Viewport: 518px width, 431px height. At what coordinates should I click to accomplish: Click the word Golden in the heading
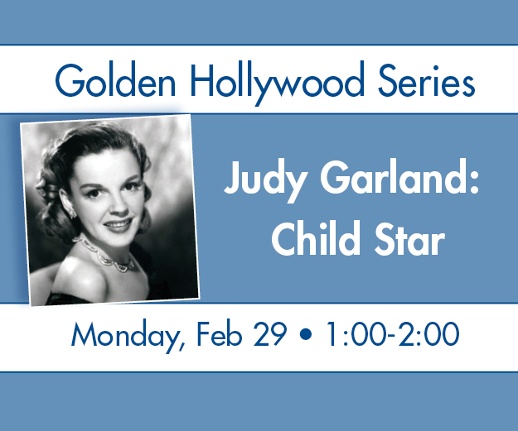pos(115,80)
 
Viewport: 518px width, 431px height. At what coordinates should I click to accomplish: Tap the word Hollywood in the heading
pos(278,83)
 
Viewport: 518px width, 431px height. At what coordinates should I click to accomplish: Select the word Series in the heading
pos(426,80)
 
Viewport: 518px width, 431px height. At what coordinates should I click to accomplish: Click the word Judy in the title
pos(264,180)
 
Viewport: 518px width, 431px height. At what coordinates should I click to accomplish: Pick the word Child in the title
pos(315,237)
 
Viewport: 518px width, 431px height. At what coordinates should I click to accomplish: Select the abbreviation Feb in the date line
pos(220,333)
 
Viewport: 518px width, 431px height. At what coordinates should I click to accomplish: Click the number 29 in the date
pos(269,333)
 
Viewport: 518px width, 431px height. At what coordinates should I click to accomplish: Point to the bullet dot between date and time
pos(306,334)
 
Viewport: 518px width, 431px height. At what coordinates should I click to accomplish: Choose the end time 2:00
pos(428,333)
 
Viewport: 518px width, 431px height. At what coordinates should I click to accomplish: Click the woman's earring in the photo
pos(72,213)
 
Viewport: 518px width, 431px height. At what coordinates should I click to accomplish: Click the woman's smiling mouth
pos(119,226)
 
